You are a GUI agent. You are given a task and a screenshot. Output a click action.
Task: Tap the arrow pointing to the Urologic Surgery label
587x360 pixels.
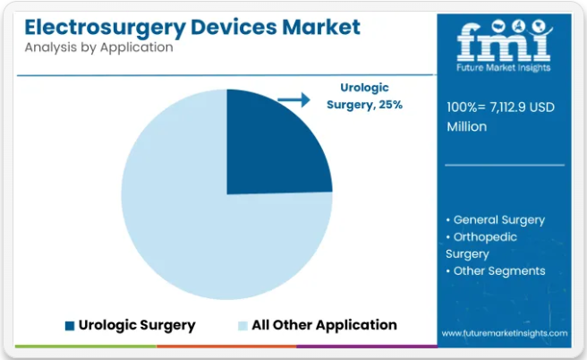293,99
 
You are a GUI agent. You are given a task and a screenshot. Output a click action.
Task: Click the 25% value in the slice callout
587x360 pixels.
390,105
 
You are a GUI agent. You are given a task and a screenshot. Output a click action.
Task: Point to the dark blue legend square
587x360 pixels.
70,326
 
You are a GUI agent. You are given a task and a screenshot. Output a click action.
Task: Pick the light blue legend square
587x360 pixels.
243,326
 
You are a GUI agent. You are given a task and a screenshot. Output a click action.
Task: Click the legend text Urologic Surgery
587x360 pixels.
137,325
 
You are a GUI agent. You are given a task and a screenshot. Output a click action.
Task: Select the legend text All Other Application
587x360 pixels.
324,325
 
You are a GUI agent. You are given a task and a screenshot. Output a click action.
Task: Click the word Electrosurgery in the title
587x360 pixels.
106,28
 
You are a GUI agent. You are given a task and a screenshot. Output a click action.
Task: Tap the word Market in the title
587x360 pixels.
321,27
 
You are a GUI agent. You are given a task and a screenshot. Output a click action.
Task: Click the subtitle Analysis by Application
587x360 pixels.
98,47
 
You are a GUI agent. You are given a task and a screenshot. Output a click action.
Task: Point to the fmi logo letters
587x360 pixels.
504,40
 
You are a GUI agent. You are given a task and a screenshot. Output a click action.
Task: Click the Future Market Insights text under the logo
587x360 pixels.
504,67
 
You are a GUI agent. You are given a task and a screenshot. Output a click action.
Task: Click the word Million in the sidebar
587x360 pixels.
467,126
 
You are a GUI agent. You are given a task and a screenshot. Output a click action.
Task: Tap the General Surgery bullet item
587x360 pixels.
496,220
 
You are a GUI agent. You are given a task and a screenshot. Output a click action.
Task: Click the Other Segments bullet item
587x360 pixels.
496,270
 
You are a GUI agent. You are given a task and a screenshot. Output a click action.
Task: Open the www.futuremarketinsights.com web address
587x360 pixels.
505,333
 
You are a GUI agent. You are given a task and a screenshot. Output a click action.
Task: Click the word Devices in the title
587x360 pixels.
234,27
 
